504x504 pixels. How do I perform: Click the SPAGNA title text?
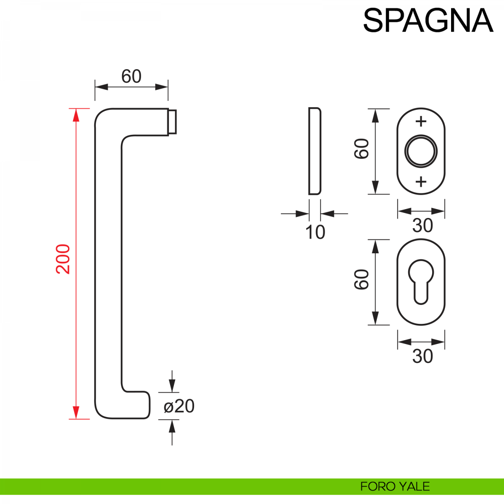[428, 20]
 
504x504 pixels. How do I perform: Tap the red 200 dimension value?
[63, 259]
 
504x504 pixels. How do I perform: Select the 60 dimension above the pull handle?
[131, 76]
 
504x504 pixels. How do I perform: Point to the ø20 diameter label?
[179, 406]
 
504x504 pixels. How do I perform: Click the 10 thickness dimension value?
[315, 232]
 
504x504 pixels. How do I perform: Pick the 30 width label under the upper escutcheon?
[422, 226]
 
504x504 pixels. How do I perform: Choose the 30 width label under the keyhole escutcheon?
[422, 356]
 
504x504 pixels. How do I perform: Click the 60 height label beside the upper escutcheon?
[362, 149]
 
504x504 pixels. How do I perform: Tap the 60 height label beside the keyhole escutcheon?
[362, 280]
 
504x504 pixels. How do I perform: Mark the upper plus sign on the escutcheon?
[421, 122]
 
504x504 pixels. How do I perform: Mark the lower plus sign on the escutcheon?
[421, 181]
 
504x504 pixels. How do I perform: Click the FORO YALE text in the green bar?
[395, 486]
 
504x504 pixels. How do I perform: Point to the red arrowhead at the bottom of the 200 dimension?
[76, 412]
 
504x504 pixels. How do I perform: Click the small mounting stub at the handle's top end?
[172, 122]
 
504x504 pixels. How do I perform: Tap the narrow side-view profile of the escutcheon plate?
[315, 151]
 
